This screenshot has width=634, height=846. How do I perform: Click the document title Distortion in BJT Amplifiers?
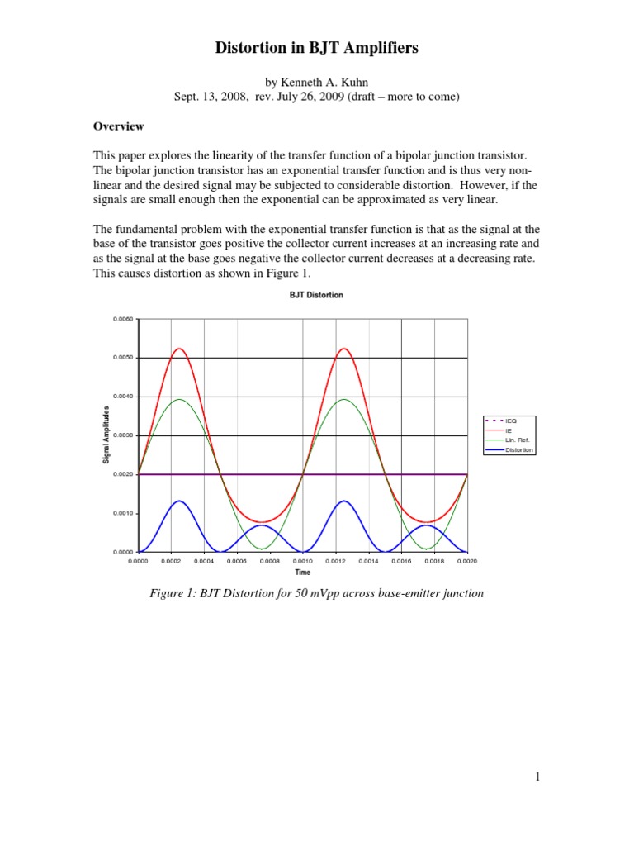click(x=317, y=49)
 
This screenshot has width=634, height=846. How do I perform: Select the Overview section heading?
click(x=118, y=126)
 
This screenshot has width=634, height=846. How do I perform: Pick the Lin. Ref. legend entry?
click(x=517, y=440)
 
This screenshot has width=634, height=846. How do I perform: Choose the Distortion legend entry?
click(x=519, y=450)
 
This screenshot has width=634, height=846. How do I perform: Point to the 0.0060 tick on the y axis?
click(x=122, y=319)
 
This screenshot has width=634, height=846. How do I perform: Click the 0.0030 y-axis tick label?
click(x=122, y=435)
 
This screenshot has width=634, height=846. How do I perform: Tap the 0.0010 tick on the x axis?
click(x=303, y=561)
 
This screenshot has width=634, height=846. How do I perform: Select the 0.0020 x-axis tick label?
click(x=467, y=561)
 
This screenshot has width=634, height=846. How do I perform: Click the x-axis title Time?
click(x=303, y=572)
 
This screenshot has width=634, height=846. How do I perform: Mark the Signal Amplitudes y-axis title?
click(x=106, y=435)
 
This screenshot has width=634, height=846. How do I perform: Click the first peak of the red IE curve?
click(x=180, y=349)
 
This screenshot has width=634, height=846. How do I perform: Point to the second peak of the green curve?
click(x=344, y=400)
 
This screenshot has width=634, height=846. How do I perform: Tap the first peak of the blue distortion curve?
click(x=180, y=501)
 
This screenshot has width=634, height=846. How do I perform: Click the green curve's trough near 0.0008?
click(x=262, y=549)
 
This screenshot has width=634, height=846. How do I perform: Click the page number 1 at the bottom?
click(x=537, y=777)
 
